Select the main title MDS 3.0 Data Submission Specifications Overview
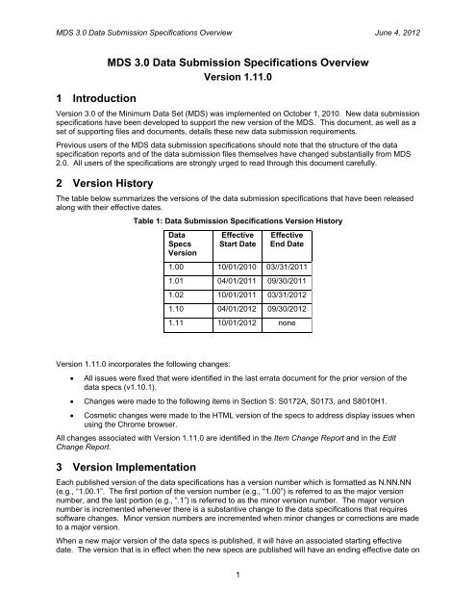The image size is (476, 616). [x=238, y=64]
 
